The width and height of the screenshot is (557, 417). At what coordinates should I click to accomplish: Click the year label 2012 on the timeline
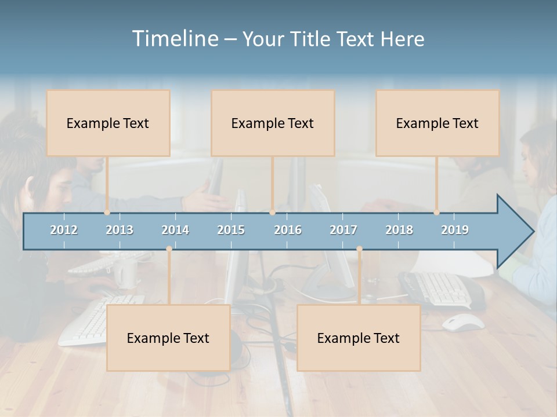[x=64, y=230]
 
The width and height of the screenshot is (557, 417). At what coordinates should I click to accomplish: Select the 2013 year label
[x=120, y=230]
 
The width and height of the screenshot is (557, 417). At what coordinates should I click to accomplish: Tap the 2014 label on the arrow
[x=175, y=230]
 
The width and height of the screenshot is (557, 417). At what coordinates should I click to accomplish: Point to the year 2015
[x=231, y=230]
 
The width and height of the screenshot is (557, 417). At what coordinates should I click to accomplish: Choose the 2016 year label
[x=288, y=230]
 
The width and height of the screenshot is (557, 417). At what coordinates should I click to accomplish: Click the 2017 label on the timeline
[x=343, y=230]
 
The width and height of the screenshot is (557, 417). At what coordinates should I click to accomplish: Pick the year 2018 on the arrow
[x=399, y=230]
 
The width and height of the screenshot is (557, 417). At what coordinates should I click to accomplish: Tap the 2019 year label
[x=455, y=230]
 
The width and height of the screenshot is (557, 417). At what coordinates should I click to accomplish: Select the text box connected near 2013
[x=108, y=123]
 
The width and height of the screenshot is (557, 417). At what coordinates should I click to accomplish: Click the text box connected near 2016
[x=273, y=123]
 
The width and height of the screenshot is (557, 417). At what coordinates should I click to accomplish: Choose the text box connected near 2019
[x=437, y=123]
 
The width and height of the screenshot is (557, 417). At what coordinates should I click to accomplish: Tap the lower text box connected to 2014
[x=168, y=338]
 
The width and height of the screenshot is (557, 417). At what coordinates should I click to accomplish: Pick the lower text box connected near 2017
[x=359, y=338]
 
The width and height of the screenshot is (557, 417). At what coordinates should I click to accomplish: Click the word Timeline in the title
[x=175, y=39]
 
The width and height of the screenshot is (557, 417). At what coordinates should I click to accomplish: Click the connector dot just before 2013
[x=107, y=213]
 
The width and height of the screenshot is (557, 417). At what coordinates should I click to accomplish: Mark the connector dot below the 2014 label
[x=169, y=249]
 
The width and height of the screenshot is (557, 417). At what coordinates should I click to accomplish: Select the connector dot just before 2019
[x=437, y=213]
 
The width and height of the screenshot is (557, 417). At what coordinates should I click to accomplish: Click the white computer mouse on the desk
[x=463, y=322]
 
